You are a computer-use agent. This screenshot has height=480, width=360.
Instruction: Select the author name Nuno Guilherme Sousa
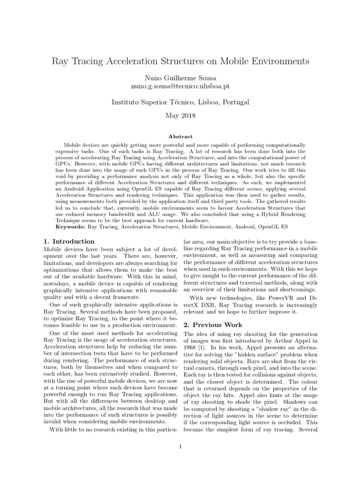pos(180,78)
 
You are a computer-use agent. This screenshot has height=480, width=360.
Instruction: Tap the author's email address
pos(180,87)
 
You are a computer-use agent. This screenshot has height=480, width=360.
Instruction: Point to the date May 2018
pos(180,115)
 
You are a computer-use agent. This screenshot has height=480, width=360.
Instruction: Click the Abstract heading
pos(180,136)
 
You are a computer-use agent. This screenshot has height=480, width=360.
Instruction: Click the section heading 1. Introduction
pos(68,241)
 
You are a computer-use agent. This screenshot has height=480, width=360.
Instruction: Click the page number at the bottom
pos(180,446)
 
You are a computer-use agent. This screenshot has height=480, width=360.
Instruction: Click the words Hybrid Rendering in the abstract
pos(282,214)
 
